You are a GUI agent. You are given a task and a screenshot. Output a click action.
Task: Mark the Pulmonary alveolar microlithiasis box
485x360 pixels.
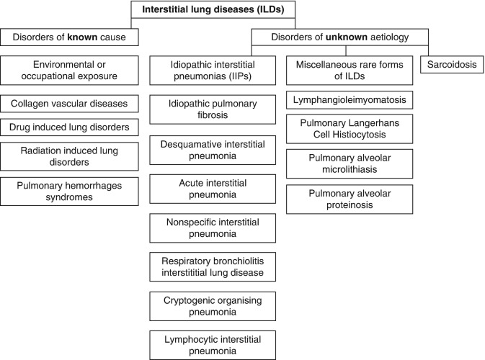pos(350,165)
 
